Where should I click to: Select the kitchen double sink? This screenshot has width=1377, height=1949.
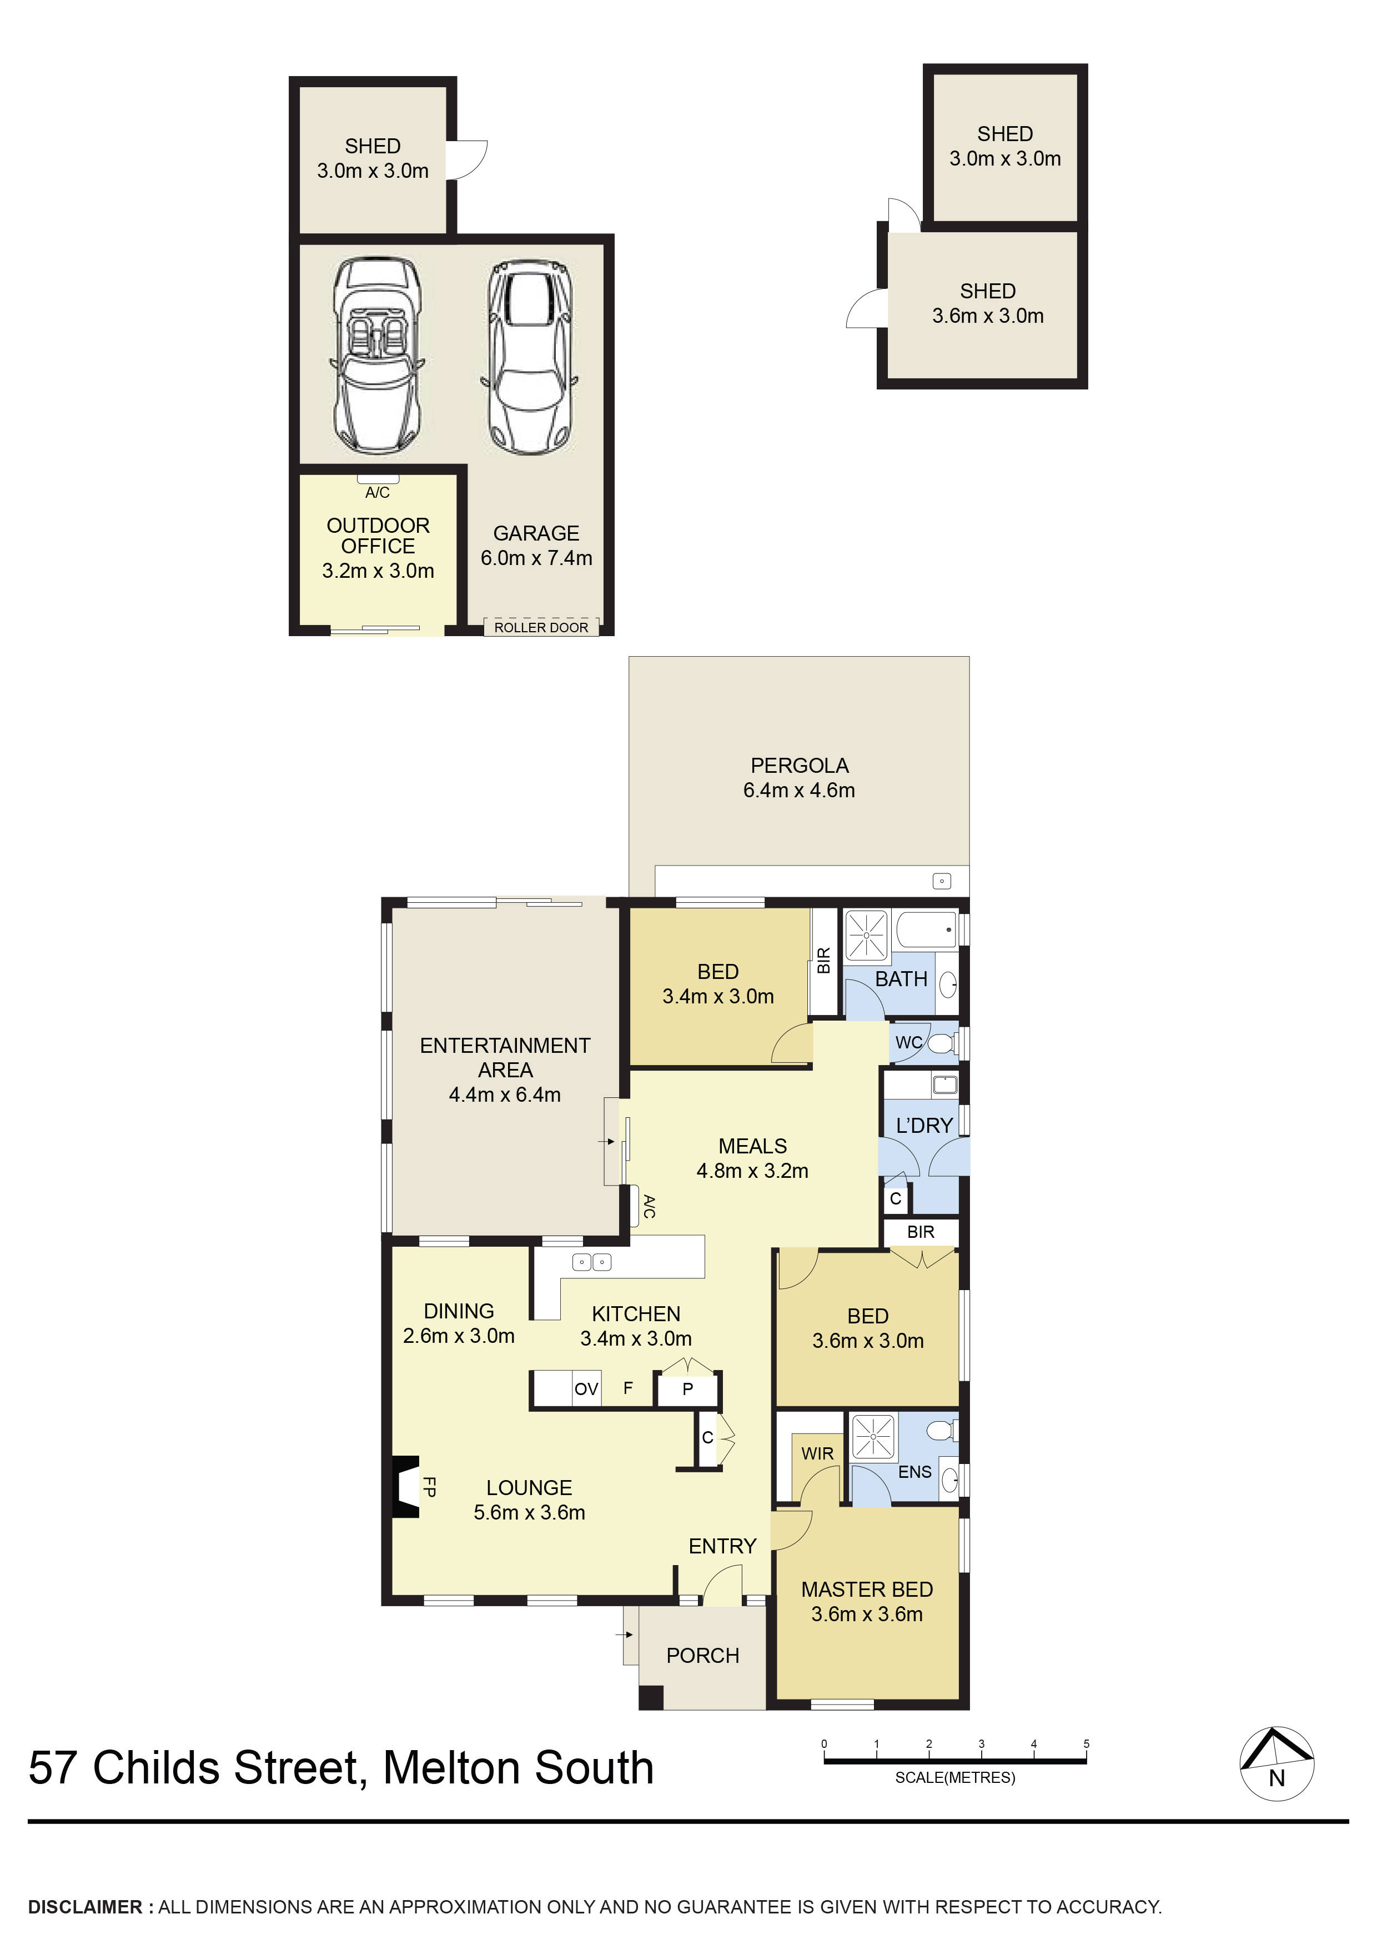click(591, 1262)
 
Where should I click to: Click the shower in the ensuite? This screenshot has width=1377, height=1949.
click(872, 1437)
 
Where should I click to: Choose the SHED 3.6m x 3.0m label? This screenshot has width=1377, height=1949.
click(988, 303)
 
